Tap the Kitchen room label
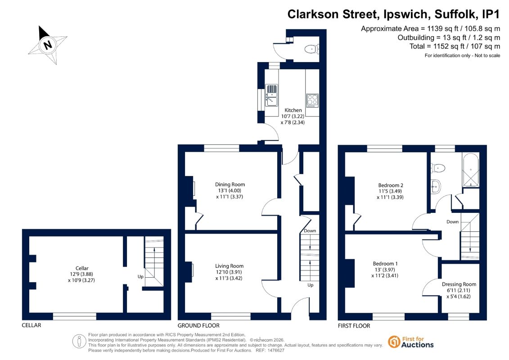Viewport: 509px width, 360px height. [x=293, y=110]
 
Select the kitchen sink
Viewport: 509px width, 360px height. [x=271, y=95]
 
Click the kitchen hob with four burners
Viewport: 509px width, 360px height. [x=312, y=100]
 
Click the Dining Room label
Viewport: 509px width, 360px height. [x=230, y=184]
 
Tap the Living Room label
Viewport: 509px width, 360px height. [x=229, y=266]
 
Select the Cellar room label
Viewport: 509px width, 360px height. [x=82, y=268]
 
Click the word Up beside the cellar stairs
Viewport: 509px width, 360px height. [x=140, y=277]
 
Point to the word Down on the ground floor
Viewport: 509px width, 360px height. [x=310, y=231]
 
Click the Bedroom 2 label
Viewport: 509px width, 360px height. [x=391, y=185]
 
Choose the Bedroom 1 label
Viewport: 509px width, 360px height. [x=385, y=264]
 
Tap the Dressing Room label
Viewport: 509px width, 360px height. [x=459, y=284]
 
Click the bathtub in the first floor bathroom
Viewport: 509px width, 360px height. [x=470, y=170]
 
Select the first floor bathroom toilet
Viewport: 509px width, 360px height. [x=438, y=168]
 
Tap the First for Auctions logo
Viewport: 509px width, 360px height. [x=411, y=342]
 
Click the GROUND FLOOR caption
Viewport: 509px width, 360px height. [x=198, y=326]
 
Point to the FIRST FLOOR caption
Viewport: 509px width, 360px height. [x=354, y=326]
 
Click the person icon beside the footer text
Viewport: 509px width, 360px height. [x=79, y=342]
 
